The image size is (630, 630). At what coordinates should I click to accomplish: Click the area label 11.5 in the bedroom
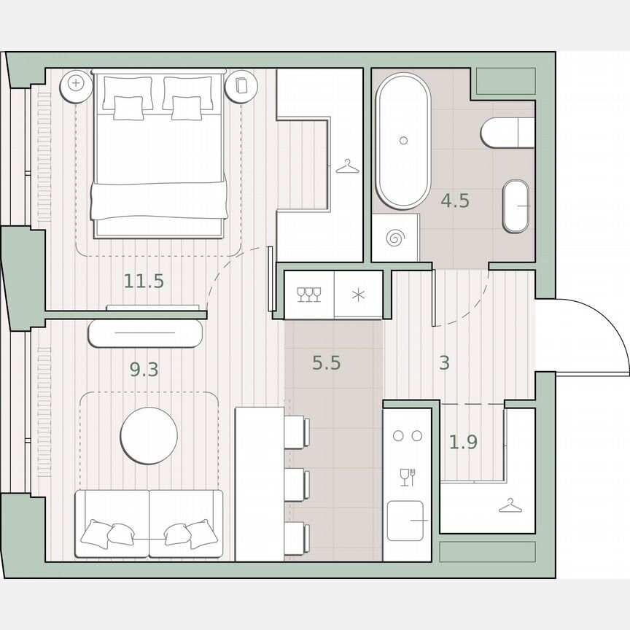pos(144,281)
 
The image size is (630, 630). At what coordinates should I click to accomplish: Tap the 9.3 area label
pos(144,370)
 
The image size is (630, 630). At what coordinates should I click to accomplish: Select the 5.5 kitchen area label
pos(327,362)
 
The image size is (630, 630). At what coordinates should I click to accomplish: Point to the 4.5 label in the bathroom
pos(455,201)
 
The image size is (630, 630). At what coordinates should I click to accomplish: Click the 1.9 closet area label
pos(463,441)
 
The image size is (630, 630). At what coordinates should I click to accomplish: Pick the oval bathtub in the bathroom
pos(402,140)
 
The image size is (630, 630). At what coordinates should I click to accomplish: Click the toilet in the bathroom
pos(507,133)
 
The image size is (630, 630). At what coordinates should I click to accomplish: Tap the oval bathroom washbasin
pos(518,206)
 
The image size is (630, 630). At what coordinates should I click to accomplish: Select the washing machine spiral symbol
pos(396,238)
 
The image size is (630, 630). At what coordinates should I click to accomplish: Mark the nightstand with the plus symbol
pos(76,83)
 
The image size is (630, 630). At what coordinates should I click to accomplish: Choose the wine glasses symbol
pos(309,294)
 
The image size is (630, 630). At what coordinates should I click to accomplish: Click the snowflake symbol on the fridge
pos(358,295)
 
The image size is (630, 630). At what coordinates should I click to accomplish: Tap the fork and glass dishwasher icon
pos(407,477)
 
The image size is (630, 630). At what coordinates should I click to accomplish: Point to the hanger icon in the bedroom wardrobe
pos(348,168)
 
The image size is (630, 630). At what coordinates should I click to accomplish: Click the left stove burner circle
pos(398,436)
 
